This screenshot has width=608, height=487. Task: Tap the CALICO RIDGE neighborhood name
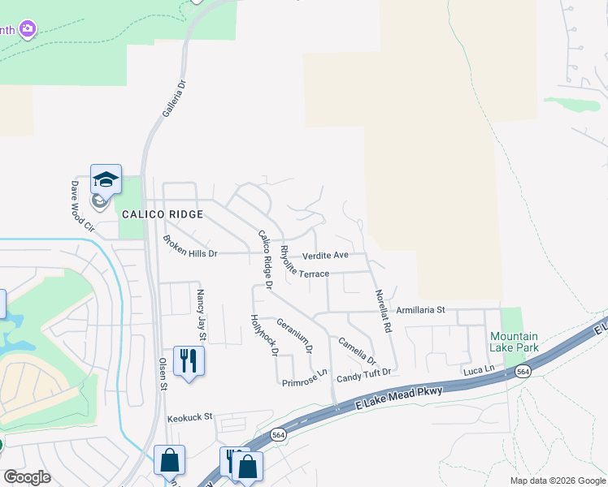[162, 214]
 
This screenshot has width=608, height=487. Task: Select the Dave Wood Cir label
[81, 206]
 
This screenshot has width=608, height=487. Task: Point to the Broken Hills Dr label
[190, 247]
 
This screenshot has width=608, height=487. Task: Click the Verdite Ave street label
[325, 255]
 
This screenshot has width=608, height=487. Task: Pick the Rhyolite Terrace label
[304, 264]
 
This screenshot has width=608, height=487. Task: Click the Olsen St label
[163, 374]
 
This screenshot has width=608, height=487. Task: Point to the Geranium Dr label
[294, 335]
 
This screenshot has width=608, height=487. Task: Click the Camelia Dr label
[358, 351]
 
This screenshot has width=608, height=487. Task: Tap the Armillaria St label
[421, 310]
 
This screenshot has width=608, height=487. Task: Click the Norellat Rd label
[383, 312]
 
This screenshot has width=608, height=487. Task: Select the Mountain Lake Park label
[514, 342]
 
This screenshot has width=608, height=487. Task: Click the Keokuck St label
[189, 417]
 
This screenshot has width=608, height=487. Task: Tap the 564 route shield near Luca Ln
[523, 371]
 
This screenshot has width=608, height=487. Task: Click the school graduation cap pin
[106, 179]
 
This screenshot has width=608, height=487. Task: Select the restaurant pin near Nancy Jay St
[189, 360]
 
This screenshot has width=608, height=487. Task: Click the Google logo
[27, 476]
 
